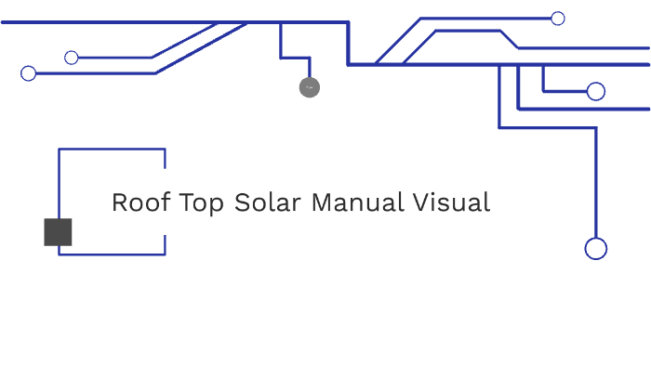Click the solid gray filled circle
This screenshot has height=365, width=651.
(x=310, y=87)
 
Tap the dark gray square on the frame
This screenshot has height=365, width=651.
(x=58, y=232)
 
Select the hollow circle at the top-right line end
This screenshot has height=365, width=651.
(x=558, y=18)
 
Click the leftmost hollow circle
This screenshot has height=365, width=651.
(x=28, y=73)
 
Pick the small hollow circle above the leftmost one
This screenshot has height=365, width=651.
(x=72, y=58)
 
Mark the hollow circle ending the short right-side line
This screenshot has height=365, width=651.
(x=596, y=91)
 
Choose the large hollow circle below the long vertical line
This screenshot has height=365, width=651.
(x=595, y=248)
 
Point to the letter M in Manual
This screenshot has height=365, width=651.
(x=321, y=202)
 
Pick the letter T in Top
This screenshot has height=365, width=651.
(x=187, y=202)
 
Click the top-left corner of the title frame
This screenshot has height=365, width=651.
(x=60, y=149)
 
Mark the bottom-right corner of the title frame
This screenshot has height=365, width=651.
(x=165, y=254)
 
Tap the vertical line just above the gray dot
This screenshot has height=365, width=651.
(x=310, y=69)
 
